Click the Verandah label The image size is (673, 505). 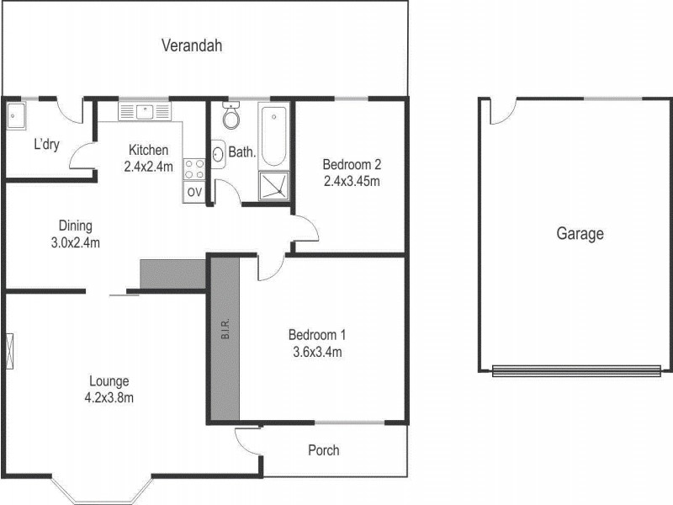pos(192,45)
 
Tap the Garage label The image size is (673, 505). pos(580,234)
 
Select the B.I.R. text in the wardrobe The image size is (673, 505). pos(225,331)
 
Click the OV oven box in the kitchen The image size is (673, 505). pos(194,192)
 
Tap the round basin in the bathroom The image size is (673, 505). pos(217,154)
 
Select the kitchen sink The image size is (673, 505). pos(145,110)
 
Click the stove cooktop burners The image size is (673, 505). pos(194,168)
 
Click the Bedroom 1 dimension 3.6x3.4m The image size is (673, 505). pos(315,352)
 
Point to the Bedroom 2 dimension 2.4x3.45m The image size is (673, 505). pos(352,180)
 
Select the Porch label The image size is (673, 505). pos(324,450)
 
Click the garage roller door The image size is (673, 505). pos(576,369)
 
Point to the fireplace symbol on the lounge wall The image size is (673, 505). pos(10,349)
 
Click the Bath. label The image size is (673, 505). pos(242,153)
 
